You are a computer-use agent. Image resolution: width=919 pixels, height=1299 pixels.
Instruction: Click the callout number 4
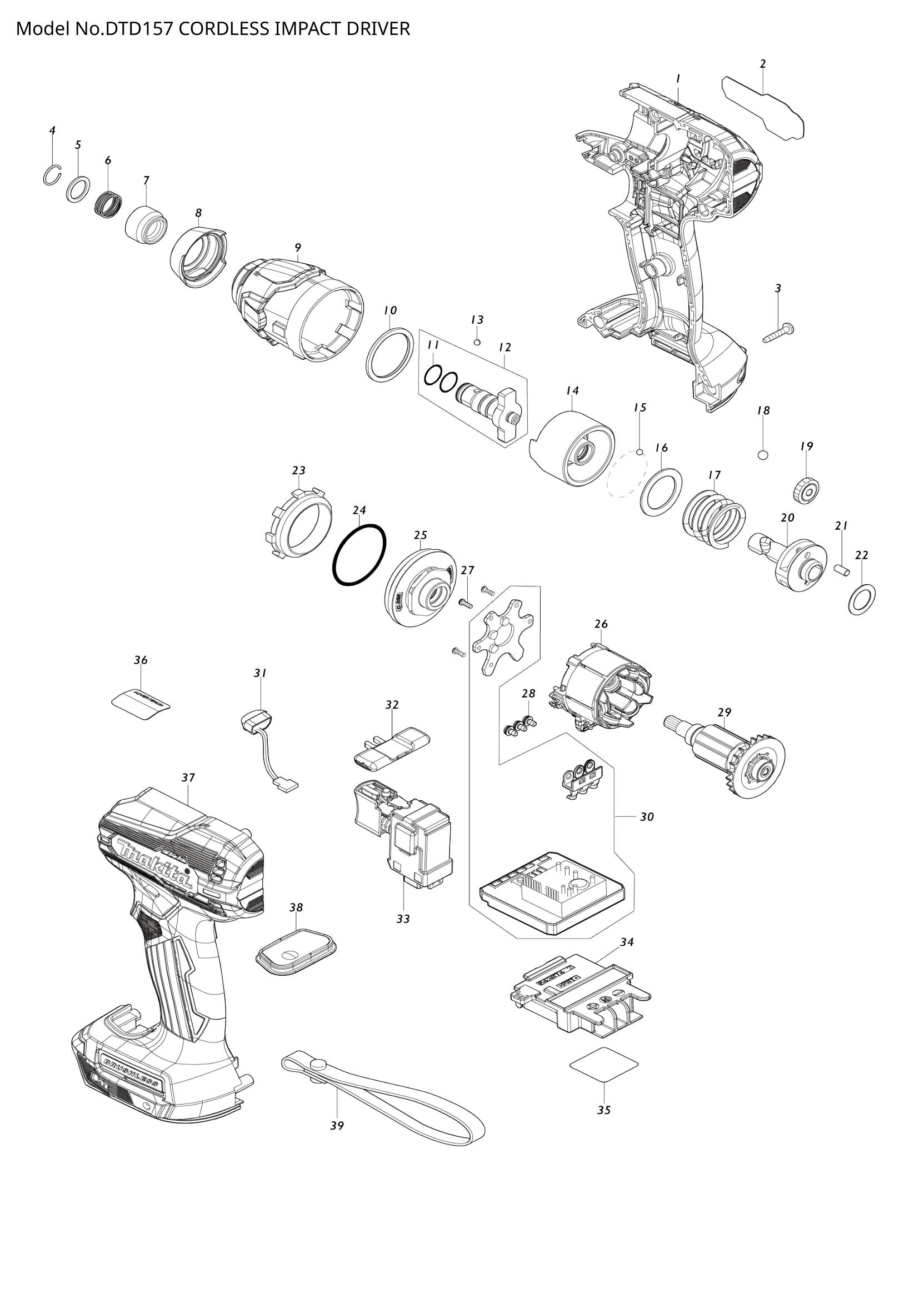(52, 130)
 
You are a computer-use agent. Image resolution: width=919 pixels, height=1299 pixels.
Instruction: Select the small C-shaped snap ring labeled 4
(52, 176)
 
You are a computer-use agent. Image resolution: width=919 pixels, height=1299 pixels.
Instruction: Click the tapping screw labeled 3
(778, 333)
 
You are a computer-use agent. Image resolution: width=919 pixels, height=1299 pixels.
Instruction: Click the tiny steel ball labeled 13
(477, 342)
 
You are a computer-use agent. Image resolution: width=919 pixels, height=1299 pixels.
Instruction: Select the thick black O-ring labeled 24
(359, 554)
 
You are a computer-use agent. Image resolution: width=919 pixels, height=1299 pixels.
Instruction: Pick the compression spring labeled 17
(714, 517)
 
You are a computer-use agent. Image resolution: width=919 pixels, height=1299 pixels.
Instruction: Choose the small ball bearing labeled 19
(805, 488)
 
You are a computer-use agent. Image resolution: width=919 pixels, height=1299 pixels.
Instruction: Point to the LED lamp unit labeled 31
(254, 725)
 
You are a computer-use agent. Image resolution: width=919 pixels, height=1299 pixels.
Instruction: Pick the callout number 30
(647, 817)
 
